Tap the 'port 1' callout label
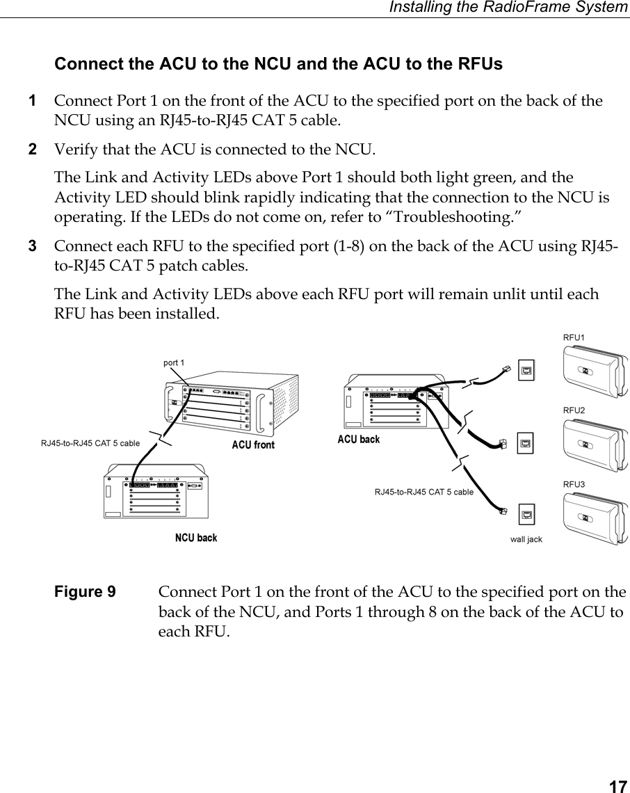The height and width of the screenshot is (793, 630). click(x=174, y=362)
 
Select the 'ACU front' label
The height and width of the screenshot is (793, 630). click(x=253, y=445)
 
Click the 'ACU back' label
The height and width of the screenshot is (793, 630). click(x=359, y=440)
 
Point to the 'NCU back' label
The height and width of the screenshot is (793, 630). click(x=196, y=538)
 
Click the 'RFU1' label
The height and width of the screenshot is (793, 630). click(x=574, y=337)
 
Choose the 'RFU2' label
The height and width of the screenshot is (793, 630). click(x=574, y=410)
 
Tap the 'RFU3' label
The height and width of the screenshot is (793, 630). click(x=574, y=483)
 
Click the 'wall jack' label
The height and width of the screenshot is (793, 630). click(x=526, y=539)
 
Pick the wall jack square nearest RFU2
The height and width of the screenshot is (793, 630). click(x=526, y=442)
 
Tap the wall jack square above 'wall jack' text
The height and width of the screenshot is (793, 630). click(x=526, y=515)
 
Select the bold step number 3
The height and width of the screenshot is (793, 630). click(x=31, y=247)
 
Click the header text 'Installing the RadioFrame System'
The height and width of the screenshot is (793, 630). click(x=508, y=8)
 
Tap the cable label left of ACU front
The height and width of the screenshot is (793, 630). click(x=90, y=442)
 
